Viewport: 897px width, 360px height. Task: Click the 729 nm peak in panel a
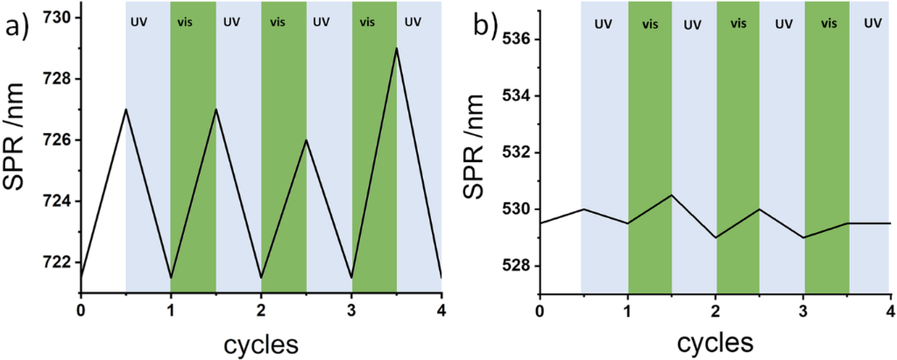[x=397, y=48]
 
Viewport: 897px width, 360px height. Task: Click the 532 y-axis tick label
[x=512, y=153]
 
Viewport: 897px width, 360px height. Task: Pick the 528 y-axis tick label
[x=512, y=266]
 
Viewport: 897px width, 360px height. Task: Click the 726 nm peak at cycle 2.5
[x=306, y=140]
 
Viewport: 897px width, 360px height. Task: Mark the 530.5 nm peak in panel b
[x=671, y=194]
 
